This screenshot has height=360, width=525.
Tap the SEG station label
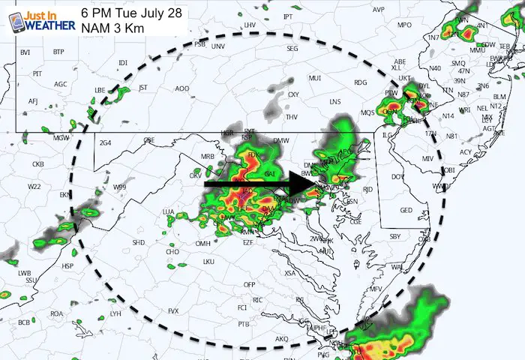point(293,68)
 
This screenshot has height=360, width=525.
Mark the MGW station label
point(60,138)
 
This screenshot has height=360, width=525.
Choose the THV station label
point(292,117)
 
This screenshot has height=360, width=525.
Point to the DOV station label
point(398,177)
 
